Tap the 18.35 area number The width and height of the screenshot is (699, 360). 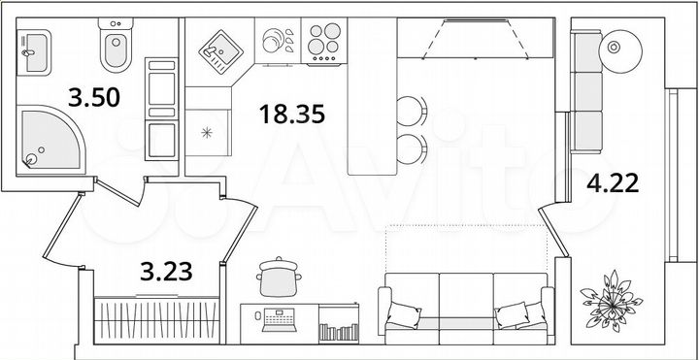[x=291, y=115]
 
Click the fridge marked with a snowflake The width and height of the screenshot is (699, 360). [x=207, y=132]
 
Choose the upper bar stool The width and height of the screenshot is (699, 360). [x=412, y=109]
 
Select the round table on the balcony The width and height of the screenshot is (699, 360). [x=616, y=46]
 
